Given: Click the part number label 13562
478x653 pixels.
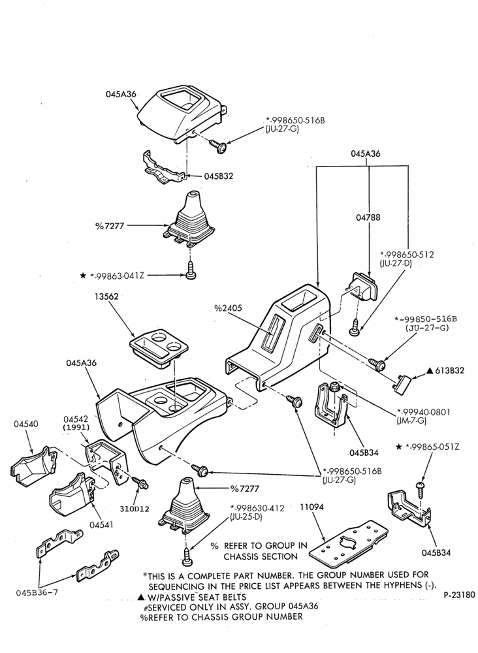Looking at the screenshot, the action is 106,297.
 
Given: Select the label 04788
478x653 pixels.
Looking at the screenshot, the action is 368,217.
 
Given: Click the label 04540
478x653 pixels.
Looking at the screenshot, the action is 26,424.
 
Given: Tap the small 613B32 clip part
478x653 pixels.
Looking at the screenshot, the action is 403,381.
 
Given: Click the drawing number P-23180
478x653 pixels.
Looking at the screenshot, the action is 459,595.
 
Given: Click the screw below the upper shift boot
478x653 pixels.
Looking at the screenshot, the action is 191,270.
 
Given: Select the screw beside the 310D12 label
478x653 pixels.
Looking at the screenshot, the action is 140,483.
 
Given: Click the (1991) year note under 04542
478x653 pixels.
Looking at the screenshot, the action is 76,427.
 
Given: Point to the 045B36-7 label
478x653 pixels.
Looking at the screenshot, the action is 37,593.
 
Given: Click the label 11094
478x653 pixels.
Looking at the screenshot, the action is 312,507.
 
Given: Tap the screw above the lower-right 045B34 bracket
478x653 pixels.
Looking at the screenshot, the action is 420,488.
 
